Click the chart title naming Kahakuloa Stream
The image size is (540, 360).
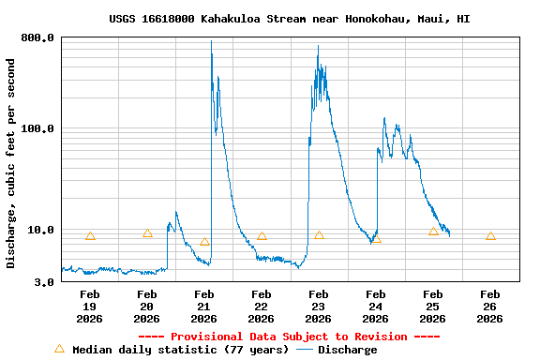[290, 19]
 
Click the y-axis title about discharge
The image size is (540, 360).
[11, 163]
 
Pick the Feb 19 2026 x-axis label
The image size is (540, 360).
[90, 307]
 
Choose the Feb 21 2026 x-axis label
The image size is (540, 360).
[204, 307]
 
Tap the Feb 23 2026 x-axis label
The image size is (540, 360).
[319, 307]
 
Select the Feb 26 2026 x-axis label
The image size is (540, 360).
[490, 307]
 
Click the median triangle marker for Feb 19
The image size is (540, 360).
[90, 236]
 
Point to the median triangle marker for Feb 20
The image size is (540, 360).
[147, 233]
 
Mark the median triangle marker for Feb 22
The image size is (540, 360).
[262, 236]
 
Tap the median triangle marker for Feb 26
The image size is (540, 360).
[490, 236]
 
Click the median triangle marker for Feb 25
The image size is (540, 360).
[433, 232]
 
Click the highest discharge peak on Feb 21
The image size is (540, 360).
[211, 42]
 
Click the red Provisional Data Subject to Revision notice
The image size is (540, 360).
[289, 337]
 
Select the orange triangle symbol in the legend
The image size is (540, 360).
[60, 349]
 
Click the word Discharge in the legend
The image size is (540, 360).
[348, 350]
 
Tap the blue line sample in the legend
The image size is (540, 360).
[304, 350]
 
